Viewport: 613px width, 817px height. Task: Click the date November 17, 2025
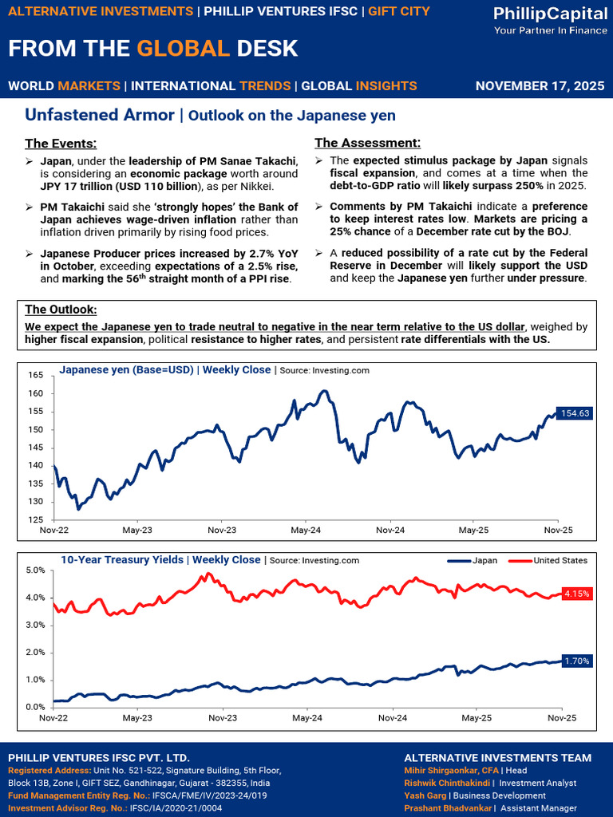[x=539, y=85]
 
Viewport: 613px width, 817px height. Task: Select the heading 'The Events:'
[x=61, y=144]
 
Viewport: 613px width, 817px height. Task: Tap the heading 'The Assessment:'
[x=367, y=143]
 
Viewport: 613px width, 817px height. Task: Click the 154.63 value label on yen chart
[x=574, y=413]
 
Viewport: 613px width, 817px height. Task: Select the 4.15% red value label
[x=576, y=594]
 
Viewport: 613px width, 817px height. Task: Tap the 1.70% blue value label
[x=576, y=661]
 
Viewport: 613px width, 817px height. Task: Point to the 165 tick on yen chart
[x=35, y=375]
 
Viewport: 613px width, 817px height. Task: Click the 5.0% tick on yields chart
[x=34, y=570]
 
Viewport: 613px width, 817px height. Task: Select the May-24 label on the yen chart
[x=306, y=530]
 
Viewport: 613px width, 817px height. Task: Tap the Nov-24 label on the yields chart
[x=391, y=718]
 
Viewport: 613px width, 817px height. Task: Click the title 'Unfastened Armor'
[x=100, y=115]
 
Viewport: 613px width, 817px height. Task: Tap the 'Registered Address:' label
[x=49, y=770]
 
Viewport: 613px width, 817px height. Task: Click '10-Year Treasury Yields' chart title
[x=121, y=560]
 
